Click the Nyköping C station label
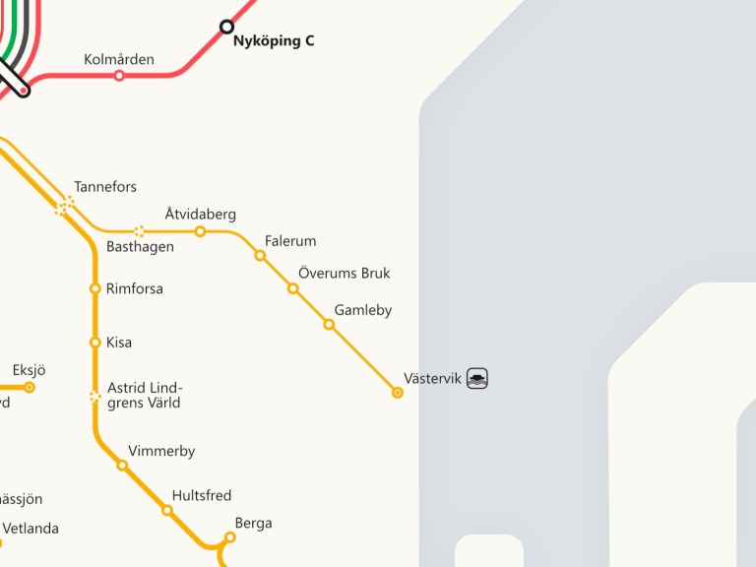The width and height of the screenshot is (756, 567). [273, 41]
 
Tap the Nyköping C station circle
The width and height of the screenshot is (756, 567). [226, 27]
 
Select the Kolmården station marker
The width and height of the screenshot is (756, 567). [119, 75]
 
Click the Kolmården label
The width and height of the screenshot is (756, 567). [119, 59]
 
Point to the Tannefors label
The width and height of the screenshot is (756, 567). [105, 187]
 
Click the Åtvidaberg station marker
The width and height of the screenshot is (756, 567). [200, 231]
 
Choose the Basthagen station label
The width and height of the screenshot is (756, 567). [140, 246]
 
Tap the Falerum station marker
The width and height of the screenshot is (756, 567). [260, 255]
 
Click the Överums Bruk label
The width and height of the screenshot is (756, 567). [344, 273]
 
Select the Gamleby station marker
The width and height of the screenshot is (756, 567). [329, 324]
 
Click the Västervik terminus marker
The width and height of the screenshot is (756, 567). [398, 393]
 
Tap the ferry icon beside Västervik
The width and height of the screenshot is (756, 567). [477, 378]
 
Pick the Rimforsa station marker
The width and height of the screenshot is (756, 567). [95, 288]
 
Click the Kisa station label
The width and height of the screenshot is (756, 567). [119, 343]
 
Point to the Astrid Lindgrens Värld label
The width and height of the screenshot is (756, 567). [145, 395]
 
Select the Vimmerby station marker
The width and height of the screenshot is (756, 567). [122, 465]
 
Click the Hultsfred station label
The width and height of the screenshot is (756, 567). [202, 495]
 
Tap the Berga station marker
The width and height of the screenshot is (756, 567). [229, 537]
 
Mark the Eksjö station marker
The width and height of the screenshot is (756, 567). [30, 387]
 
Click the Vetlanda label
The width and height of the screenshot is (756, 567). [31, 529]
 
